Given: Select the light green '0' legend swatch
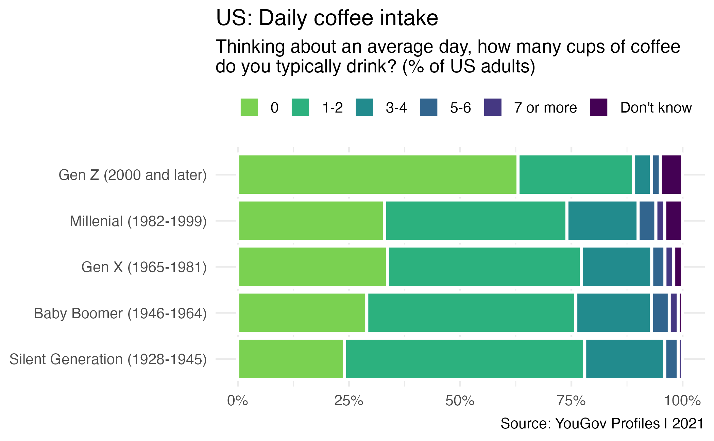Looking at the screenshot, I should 249,107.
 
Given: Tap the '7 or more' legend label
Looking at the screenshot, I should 545,108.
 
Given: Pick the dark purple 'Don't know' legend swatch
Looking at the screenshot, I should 598,107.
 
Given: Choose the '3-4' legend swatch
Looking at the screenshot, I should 364,107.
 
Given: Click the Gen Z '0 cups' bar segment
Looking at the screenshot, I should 378,175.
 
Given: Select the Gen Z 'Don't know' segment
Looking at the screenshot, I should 671,175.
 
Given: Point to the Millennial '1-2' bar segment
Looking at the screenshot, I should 476,221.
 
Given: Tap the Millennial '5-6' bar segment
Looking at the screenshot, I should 647,221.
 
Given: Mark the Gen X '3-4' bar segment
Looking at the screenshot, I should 616,267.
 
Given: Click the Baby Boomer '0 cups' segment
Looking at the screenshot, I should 302,313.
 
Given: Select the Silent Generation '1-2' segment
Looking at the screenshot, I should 464,359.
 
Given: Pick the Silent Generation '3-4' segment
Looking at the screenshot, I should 625,359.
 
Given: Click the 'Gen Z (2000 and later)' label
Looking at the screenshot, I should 133,175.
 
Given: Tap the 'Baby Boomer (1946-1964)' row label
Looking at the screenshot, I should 120,313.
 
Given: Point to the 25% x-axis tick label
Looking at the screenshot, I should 348,401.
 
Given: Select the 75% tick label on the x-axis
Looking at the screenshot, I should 571,401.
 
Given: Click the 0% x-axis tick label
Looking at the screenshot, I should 237,401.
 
